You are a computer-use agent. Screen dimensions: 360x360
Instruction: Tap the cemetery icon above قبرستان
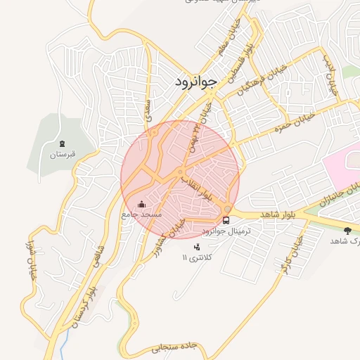61,143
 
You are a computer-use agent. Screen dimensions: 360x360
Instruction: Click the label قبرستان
62,153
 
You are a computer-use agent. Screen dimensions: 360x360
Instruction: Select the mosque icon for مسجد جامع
143,204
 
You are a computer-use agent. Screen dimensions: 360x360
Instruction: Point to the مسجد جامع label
142,213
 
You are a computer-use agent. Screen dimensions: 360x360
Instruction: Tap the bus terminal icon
226,220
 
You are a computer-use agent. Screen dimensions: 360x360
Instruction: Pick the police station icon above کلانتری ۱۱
196,247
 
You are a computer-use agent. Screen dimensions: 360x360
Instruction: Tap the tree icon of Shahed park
347,230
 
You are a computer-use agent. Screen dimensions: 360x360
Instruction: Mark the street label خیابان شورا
31,263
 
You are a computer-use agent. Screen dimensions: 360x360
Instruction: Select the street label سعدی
148,108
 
